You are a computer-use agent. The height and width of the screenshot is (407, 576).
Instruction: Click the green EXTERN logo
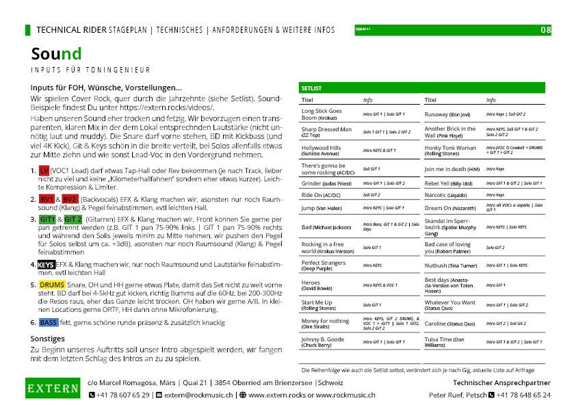point(52,389)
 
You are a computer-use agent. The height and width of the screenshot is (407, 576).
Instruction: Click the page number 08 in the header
point(546,30)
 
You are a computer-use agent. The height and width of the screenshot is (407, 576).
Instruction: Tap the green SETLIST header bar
point(422,88)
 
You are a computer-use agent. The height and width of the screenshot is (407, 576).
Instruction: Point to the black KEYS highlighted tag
point(47,264)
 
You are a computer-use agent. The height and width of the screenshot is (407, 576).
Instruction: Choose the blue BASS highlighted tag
point(49,321)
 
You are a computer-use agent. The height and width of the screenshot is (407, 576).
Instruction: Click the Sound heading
point(56,54)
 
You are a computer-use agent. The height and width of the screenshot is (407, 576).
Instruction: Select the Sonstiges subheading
point(47,338)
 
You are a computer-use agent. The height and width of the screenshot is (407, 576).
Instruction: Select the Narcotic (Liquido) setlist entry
point(447,195)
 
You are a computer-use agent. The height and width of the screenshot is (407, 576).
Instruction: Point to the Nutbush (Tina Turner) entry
point(450,265)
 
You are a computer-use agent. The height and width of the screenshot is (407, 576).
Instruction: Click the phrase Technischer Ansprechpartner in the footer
point(501,382)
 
